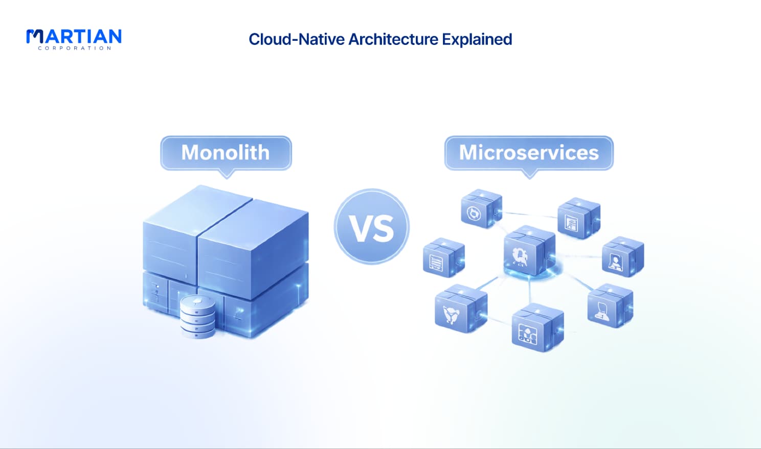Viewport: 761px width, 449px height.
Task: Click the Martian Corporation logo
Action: [x=74, y=39]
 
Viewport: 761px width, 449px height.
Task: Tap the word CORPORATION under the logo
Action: [x=74, y=48]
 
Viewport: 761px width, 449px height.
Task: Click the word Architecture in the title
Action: [x=393, y=39]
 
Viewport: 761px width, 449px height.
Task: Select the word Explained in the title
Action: [x=477, y=40]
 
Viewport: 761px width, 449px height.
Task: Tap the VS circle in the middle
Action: [x=372, y=226]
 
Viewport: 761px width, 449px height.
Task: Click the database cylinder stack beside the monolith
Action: [x=198, y=316]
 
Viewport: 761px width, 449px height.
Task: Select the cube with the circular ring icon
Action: [x=481, y=208]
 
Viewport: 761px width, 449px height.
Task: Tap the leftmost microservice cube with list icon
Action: [x=444, y=257]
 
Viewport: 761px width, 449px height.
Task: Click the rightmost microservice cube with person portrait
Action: [x=623, y=256]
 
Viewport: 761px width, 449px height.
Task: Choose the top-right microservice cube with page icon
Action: [x=579, y=218]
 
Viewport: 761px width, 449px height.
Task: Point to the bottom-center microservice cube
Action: [x=538, y=327]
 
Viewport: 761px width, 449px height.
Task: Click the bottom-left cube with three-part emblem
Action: [x=461, y=309]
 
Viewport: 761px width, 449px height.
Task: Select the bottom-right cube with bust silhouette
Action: [x=610, y=306]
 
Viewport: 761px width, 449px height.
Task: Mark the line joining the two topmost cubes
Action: [x=530, y=214]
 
